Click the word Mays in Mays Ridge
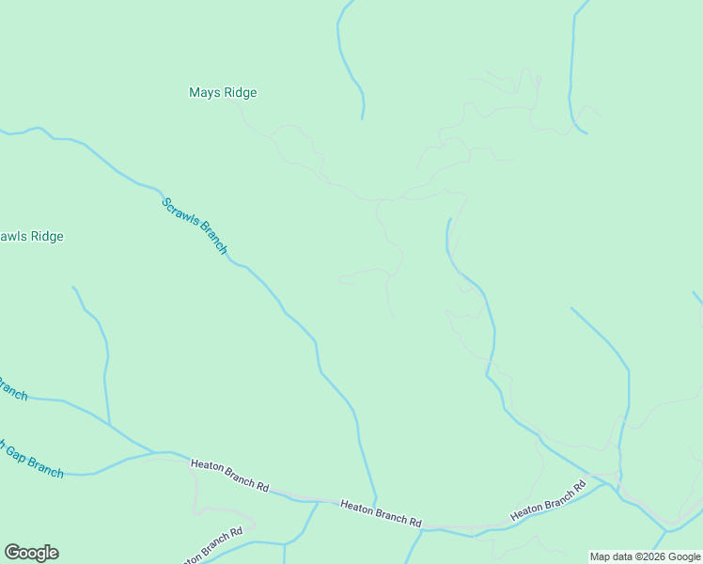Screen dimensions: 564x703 (x=204, y=93)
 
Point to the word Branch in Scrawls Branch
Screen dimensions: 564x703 (x=211, y=240)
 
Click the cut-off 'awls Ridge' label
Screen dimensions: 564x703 (x=32, y=237)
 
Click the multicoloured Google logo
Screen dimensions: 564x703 (x=31, y=553)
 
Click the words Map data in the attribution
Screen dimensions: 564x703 (x=613, y=557)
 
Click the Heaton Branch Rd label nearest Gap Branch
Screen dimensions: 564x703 (x=230, y=474)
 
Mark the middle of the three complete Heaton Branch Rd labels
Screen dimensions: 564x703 (x=381, y=514)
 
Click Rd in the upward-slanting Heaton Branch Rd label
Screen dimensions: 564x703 (x=579, y=487)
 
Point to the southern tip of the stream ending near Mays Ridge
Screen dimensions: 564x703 (x=363, y=118)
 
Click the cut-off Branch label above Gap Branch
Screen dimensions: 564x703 (x=13, y=387)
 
